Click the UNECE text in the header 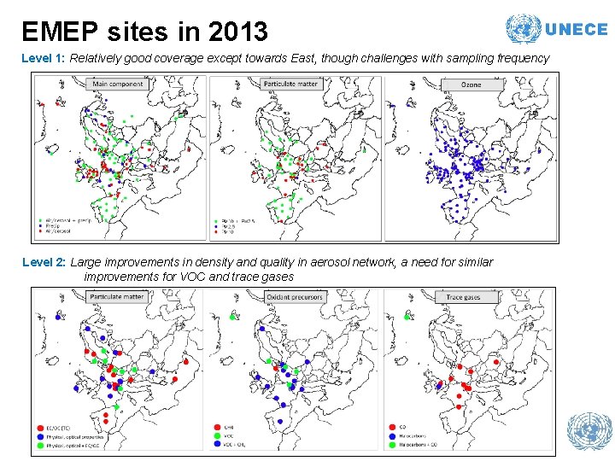(x=576, y=29)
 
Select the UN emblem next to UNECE (x=523, y=29)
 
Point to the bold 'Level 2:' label (x=44, y=262)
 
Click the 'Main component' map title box (x=118, y=85)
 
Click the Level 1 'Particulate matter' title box (x=290, y=85)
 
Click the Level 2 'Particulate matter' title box (x=116, y=297)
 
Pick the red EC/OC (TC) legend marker (x=41, y=428)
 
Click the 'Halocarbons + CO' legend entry (x=419, y=445)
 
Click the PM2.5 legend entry (x=224, y=226)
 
